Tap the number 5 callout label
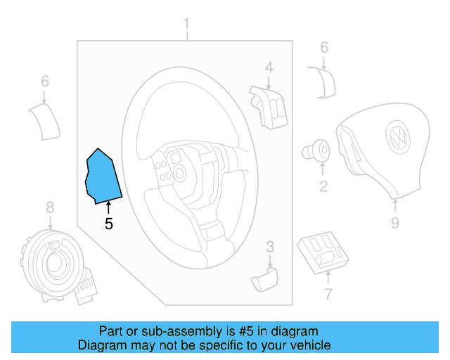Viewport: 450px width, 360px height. [108, 225]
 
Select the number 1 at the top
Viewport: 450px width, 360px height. [187, 26]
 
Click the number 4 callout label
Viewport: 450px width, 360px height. [269, 67]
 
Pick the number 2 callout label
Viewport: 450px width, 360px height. [323, 186]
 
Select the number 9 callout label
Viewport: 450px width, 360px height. [394, 223]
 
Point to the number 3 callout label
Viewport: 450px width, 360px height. [269, 247]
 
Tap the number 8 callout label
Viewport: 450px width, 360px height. [50, 207]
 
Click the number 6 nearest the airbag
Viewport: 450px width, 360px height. [324, 48]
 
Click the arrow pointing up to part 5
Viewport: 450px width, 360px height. [108, 208]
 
